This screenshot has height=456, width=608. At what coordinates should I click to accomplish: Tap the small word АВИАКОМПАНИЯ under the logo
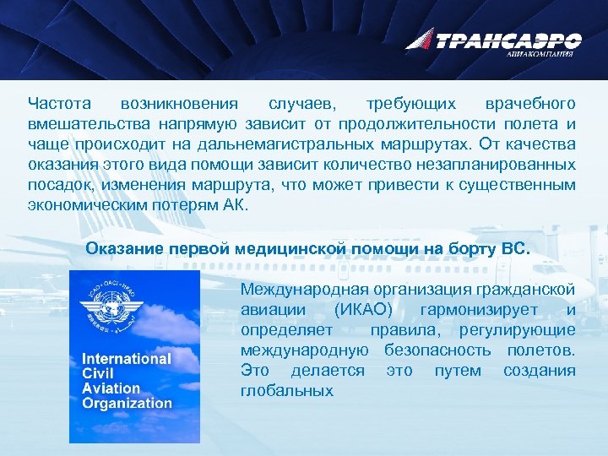point(540,54)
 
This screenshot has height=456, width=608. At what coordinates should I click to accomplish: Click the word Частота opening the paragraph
point(59,104)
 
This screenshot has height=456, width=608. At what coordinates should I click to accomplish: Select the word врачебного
point(530,104)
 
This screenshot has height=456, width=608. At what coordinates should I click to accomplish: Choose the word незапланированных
point(506,165)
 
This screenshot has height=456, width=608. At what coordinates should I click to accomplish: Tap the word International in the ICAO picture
point(127,359)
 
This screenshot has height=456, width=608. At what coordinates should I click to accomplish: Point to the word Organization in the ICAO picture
point(127,403)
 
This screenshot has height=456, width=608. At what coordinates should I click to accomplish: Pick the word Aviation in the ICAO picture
point(111,388)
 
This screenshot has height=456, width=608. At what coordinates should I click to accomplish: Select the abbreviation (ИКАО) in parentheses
point(366,310)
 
